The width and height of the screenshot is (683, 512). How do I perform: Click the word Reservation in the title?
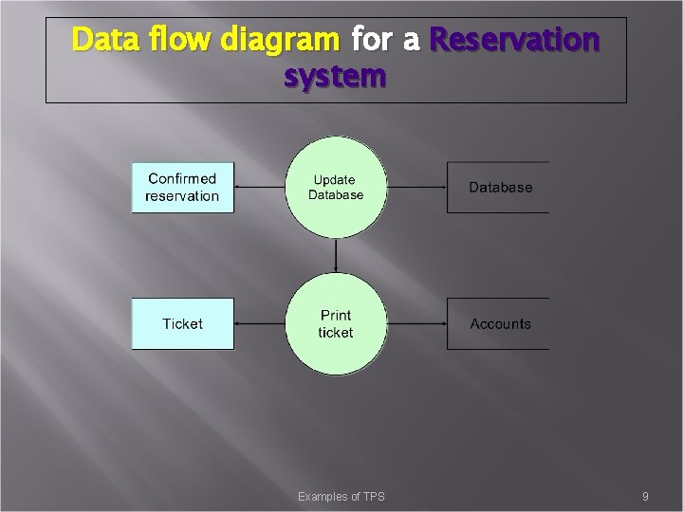[x=514, y=41]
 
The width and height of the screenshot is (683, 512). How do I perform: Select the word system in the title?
[x=335, y=76]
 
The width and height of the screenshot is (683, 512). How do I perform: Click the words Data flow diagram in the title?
[x=205, y=41]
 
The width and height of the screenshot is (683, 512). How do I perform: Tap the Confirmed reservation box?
[x=182, y=188]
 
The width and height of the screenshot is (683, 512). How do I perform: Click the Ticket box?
[x=182, y=324]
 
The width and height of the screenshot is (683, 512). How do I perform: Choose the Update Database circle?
[x=336, y=188]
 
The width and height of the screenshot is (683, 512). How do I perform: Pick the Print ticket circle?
[x=336, y=324]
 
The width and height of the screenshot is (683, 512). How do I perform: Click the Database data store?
[x=499, y=188]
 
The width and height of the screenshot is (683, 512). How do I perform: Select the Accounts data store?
[x=499, y=324]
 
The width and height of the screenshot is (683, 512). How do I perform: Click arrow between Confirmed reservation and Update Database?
[x=260, y=186]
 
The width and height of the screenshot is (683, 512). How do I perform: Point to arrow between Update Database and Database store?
[x=416, y=186]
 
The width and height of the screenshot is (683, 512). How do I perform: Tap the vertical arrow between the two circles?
[x=336, y=254]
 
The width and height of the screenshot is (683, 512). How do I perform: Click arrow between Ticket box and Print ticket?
[x=260, y=323]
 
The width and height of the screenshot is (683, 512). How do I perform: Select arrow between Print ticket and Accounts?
[x=416, y=323]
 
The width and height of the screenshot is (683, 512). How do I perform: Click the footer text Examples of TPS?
[x=341, y=497]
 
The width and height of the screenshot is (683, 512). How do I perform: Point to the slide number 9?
[x=645, y=497]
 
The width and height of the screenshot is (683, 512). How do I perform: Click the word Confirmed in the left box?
[x=182, y=179]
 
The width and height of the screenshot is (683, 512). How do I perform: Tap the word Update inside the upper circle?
[x=334, y=180]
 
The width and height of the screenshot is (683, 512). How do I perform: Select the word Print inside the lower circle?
[x=336, y=316]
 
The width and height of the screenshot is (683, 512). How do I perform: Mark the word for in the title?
[x=371, y=41]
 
